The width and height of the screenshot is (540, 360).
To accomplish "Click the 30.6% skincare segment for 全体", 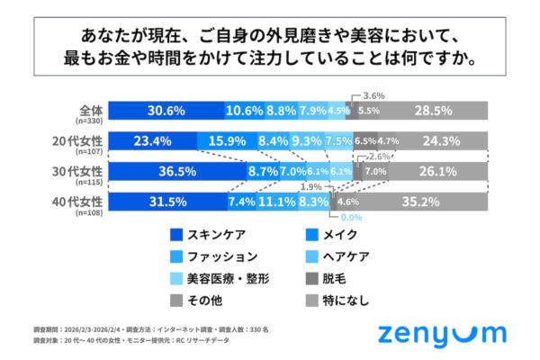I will click(166, 111).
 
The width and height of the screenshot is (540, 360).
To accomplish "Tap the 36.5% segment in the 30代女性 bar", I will click(176, 171).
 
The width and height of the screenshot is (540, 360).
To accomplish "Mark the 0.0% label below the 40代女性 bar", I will click(350, 217).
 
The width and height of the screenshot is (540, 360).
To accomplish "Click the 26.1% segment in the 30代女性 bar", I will click(441, 171).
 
